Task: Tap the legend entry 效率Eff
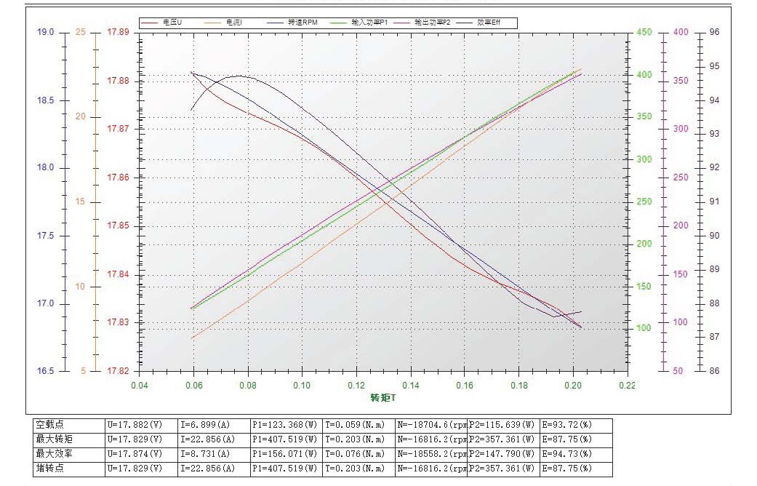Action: point(488,23)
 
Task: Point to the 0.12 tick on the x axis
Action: point(356,385)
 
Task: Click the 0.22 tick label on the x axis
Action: point(627,385)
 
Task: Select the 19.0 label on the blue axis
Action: point(45,32)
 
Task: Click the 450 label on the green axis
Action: point(644,32)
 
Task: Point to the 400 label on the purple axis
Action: point(681,32)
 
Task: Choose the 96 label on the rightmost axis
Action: point(714,32)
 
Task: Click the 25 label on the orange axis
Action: point(80,32)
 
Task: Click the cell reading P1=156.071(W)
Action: point(284,453)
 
